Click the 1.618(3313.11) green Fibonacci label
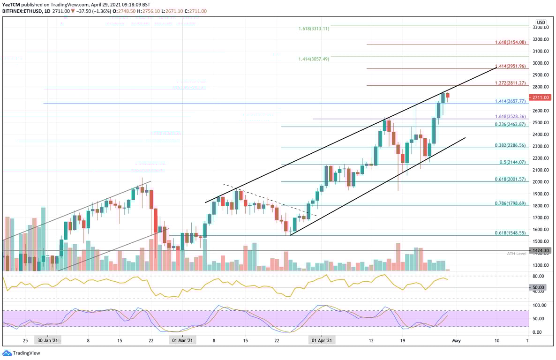coord(314,29)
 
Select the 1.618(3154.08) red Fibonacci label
coord(511,42)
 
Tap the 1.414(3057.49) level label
coord(314,59)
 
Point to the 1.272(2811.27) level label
coord(511,83)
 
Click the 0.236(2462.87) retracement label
coord(511,124)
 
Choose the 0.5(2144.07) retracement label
coord(512,162)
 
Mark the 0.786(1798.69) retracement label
coord(511,203)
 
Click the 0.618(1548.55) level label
coord(511,233)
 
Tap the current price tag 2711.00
coord(541,97)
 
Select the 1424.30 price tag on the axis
coord(541,251)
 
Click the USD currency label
coord(541,22)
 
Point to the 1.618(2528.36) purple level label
coord(511,116)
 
